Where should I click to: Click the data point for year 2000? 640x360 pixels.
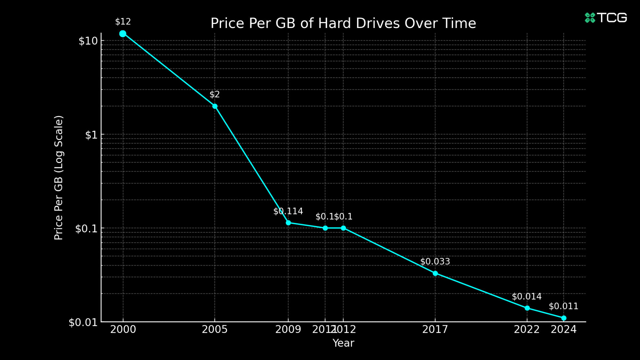pyautogui.click(x=123, y=34)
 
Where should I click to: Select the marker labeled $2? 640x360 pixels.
pyautogui.click(x=215, y=106)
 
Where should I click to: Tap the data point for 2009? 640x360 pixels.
pyautogui.click(x=288, y=223)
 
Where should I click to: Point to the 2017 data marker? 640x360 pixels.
pyautogui.click(x=435, y=273)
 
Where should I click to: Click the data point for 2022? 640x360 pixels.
pyautogui.click(x=527, y=308)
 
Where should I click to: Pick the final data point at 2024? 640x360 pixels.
pyautogui.click(x=564, y=318)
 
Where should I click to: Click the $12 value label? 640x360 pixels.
pyautogui.click(x=123, y=22)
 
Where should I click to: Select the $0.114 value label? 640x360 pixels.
pyautogui.click(x=288, y=211)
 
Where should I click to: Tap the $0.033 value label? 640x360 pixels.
pyautogui.click(x=435, y=262)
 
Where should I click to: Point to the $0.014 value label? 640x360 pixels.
pyautogui.click(x=527, y=297)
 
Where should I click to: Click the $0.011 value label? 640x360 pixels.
pyautogui.click(x=563, y=306)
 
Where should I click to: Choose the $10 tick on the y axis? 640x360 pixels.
pyautogui.click(x=88, y=41)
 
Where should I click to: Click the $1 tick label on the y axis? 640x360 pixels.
pyautogui.click(x=91, y=135)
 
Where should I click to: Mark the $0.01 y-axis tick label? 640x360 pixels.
pyautogui.click(x=83, y=322)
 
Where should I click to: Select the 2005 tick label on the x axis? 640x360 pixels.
pyautogui.click(x=215, y=330)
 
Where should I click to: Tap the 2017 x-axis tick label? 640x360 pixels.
pyautogui.click(x=435, y=330)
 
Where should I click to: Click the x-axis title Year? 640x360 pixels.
pyautogui.click(x=343, y=343)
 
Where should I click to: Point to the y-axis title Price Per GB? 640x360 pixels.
pyautogui.click(x=58, y=178)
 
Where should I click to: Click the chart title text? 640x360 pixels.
pyautogui.click(x=343, y=23)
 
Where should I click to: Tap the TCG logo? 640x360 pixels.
pyautogui.click(x=606, y=18)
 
